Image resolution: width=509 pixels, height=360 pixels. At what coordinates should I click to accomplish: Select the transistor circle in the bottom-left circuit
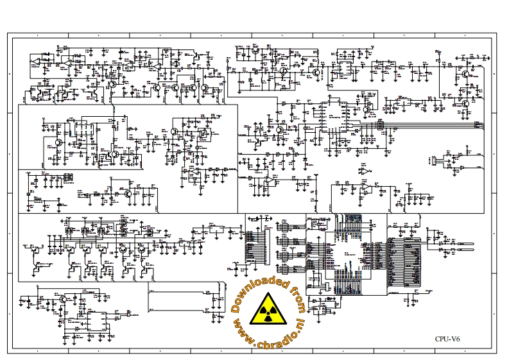63,299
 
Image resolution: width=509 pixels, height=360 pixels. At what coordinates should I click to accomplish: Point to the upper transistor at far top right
466,75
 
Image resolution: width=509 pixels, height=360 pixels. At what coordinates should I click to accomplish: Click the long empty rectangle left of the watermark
180,300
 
